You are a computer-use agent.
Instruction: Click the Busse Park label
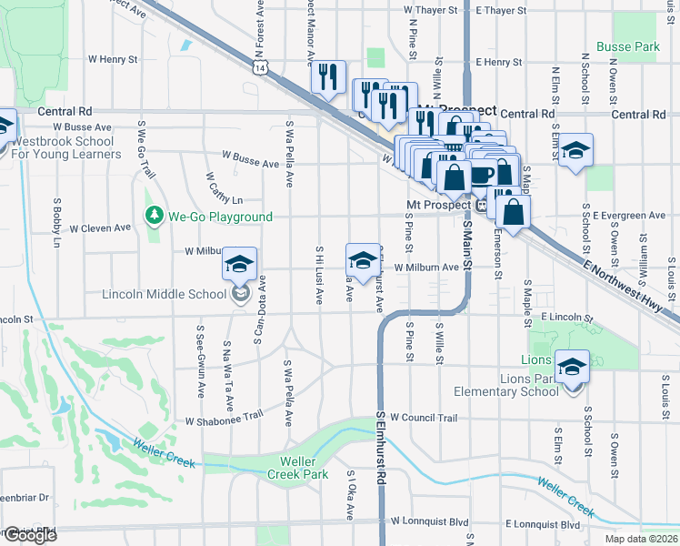coord(626,45)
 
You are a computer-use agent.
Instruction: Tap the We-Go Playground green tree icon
coord(154,216)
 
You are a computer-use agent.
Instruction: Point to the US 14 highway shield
coord(261,68)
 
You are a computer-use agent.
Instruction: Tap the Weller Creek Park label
coord(296,467)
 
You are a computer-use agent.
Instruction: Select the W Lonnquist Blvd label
coord(430,523)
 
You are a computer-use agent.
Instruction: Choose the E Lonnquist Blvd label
coord(541,524)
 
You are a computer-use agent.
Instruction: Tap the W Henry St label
coord(112,59)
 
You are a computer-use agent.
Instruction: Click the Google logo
coord(29,535)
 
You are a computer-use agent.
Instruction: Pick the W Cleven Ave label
coord(101,227)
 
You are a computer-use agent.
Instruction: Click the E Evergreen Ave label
coord(633,216)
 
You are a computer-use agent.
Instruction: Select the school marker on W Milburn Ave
coord(362,259)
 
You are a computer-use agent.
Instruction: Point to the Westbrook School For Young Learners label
coord(66,148)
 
